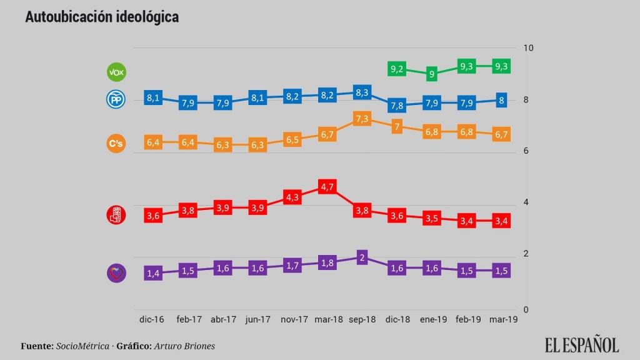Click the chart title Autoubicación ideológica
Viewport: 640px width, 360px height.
pos(102,17)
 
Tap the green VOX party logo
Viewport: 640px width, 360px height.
pos(117,72)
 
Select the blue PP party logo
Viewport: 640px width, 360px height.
pos(117,99)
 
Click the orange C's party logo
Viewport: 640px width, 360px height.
pos(117,144)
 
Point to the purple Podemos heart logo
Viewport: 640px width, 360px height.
pos(117,272)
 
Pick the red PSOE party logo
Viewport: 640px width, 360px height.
pos(117,216)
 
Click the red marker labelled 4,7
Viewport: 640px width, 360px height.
pos(327,187)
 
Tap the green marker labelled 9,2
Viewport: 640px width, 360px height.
pos(397,69)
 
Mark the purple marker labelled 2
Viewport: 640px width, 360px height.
pos(362,257)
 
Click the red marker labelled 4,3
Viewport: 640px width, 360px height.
pos(292,197)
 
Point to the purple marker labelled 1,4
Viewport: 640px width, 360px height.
pos(153,273)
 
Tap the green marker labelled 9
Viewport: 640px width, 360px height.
pos(431,74)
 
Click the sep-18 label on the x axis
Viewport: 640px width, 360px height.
pos(362,319)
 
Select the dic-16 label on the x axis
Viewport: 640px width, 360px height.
pos(152,319)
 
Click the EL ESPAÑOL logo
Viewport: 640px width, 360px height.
pos(581,344)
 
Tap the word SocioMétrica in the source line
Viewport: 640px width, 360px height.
pos(82,346)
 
